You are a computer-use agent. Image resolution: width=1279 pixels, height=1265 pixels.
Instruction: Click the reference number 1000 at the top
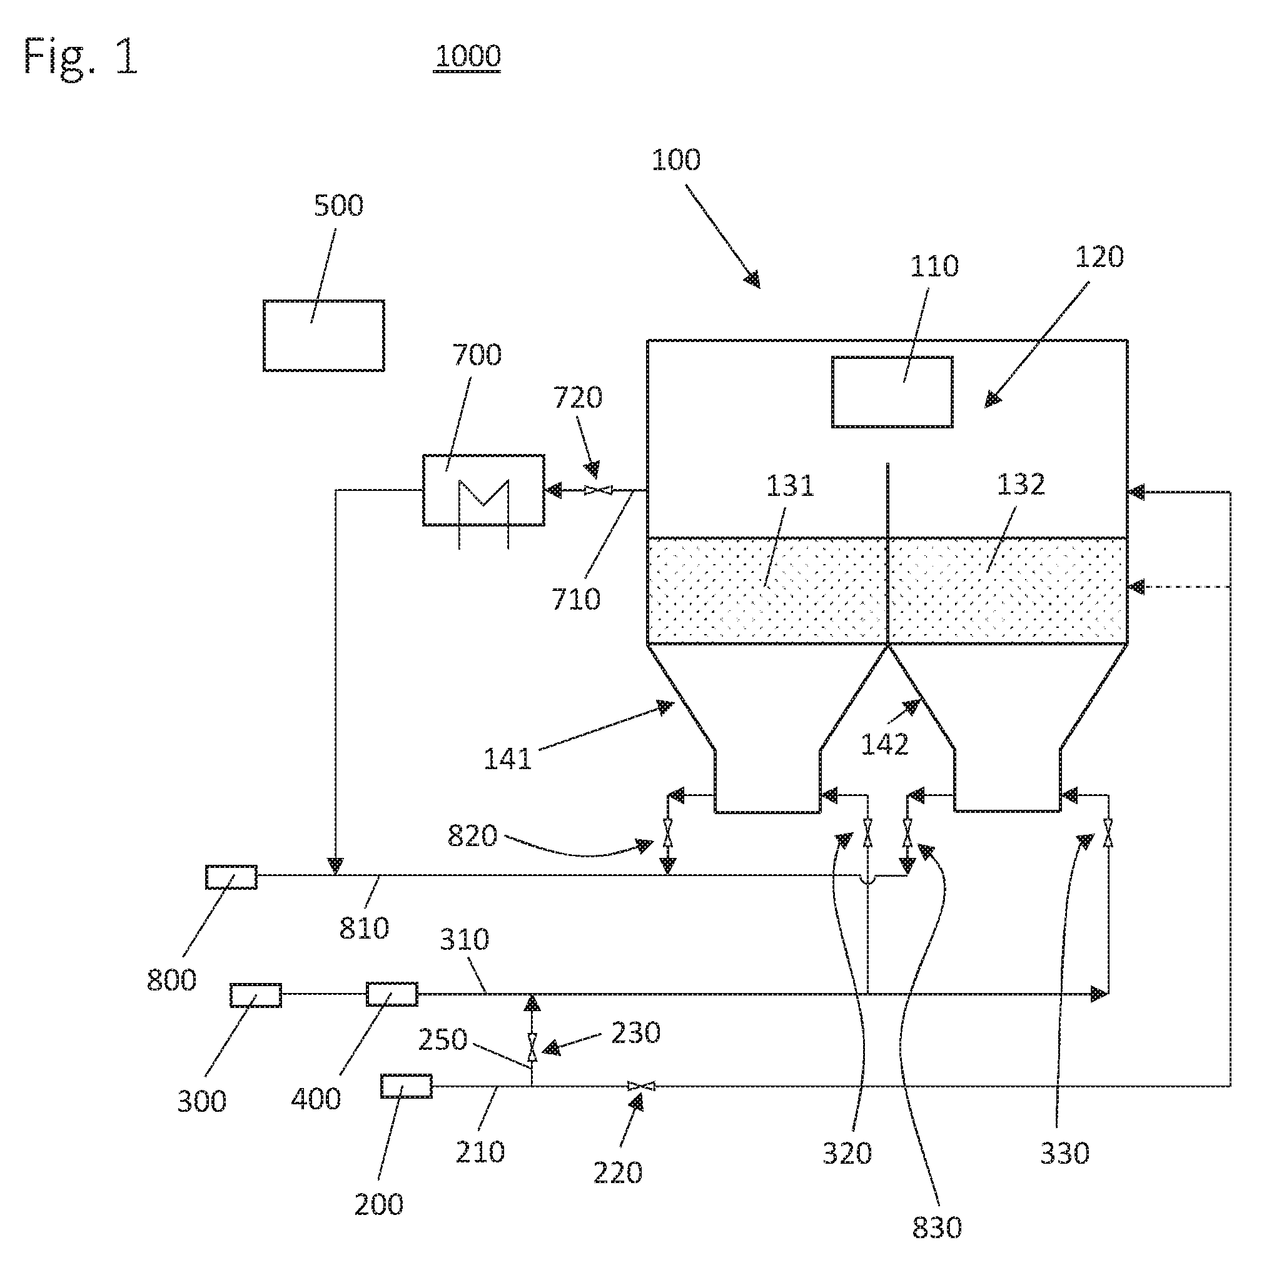467,56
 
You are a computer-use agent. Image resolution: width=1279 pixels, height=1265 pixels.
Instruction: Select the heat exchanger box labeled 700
483,490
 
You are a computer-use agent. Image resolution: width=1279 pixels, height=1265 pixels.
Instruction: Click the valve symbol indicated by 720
599,490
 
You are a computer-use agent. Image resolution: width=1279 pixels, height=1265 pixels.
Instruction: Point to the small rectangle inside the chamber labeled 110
892,392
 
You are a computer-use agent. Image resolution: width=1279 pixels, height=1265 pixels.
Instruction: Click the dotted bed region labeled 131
767,590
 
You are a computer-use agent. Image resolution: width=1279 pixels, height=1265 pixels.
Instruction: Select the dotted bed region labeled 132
1008,590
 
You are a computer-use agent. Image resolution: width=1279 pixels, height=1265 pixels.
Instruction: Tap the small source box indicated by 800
231,877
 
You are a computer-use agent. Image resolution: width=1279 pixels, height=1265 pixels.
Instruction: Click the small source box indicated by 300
256,995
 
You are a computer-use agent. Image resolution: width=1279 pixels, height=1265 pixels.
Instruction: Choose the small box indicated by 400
392,994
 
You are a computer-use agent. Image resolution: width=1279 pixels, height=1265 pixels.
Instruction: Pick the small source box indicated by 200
407,1086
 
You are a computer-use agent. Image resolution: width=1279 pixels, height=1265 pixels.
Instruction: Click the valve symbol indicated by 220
641,1086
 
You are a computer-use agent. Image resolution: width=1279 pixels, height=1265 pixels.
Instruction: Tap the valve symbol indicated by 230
532,1048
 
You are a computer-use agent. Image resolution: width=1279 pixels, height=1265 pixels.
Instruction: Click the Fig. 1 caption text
81,56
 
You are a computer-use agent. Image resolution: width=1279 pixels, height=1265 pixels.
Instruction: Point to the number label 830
937,1227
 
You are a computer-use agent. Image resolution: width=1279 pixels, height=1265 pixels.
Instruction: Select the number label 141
508,759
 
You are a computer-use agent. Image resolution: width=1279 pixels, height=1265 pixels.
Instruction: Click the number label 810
364,928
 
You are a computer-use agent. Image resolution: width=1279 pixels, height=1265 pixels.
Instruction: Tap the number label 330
1064,1153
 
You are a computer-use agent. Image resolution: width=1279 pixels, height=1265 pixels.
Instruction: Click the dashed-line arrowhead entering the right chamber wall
1136,587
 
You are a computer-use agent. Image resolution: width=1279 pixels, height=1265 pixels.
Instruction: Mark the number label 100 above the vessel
676,160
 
